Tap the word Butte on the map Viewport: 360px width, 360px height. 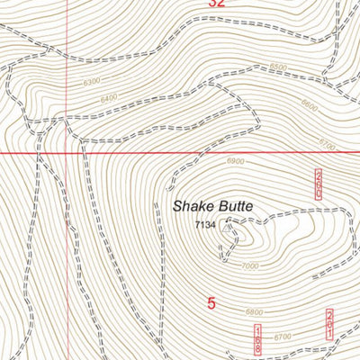234,206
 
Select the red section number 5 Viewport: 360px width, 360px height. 211,304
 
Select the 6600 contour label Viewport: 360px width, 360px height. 310,105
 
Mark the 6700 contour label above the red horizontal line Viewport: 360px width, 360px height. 327,145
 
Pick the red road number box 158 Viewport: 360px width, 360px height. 257,338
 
